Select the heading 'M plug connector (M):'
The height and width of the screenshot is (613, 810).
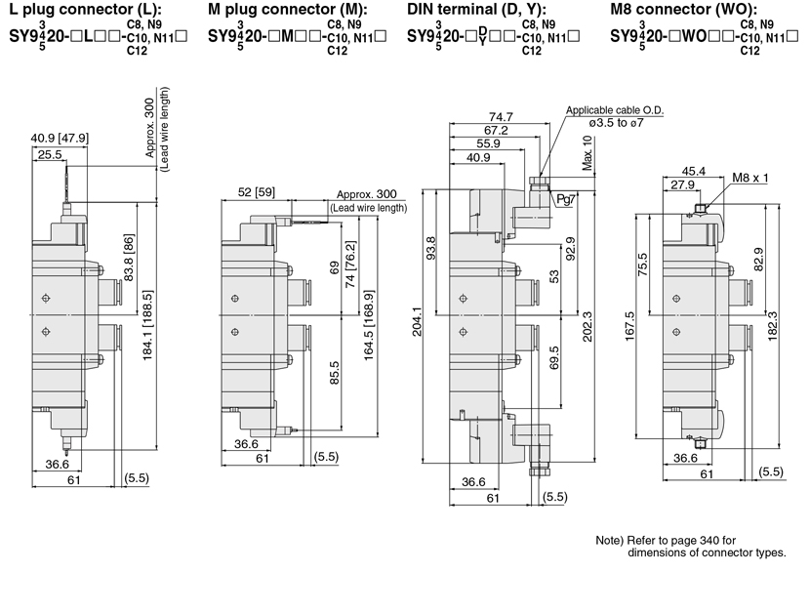tap(288, 10)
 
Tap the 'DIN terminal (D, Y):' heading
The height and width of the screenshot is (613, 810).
tap(476, 10)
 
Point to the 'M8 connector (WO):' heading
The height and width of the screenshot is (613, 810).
tap(684, 10)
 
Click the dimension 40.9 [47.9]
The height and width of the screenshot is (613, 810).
tap(60, 138)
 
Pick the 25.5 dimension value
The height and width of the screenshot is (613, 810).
tap(50, 154)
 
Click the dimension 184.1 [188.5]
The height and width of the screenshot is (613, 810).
tap(146, 325)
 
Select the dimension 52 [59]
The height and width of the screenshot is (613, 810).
tap(257, 191)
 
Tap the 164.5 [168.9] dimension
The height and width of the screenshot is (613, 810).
tap(368, 325)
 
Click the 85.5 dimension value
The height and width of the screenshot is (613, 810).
tap(334, 373)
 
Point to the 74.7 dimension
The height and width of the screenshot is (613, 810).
tap(501, 117)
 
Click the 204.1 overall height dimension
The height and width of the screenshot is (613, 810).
tap(417, 321)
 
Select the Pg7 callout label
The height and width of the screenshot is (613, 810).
tap(566, 199)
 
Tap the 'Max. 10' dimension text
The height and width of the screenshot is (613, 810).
tap(587, 153)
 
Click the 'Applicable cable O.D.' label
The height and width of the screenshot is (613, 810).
tap(615, 110)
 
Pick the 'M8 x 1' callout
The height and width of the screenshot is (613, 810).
tap(750, 178)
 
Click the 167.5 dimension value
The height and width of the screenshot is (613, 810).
tap(629, 326)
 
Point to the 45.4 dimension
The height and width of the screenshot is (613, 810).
tap(693, 171)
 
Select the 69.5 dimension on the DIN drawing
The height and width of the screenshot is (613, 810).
tap(554, 357)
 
